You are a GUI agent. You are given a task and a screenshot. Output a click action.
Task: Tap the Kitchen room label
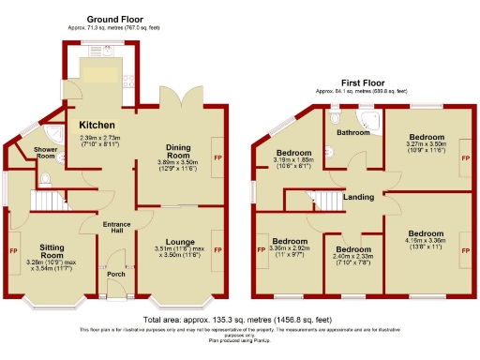tap(97, 126)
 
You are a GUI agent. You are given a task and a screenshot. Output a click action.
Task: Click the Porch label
tap(115, 275)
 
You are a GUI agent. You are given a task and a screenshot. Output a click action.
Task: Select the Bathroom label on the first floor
tap(354, 133)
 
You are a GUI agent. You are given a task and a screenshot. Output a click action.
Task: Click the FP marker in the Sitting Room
tap(13, 251)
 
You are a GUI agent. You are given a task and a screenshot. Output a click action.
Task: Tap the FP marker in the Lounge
tap(217, 249)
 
